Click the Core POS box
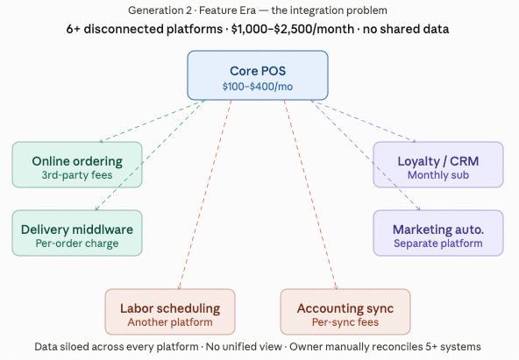tap(258, 75)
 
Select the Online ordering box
tap(77, 165)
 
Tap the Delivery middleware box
tap(77, 233)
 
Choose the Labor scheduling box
tap(170, 312)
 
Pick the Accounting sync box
tap(345, 312)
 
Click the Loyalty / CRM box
tap(438, 165)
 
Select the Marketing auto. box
tap(438, 233)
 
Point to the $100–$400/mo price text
tap(258, 87)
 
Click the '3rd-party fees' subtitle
tap(77, 175)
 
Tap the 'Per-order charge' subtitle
tap(77, 244)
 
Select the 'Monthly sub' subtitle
tap(438, 175)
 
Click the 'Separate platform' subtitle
tap(438, 244)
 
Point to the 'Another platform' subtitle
tap(170, 322)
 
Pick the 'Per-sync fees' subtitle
tap(345, 322)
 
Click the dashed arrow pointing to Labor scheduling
tap(205, 194)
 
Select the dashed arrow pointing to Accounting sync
tap(310, 194)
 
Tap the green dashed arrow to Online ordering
tap(153, 121)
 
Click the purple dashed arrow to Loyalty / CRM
tap(363, 121)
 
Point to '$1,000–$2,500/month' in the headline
tap(293, 29)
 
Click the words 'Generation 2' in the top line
tap(160, 11)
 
